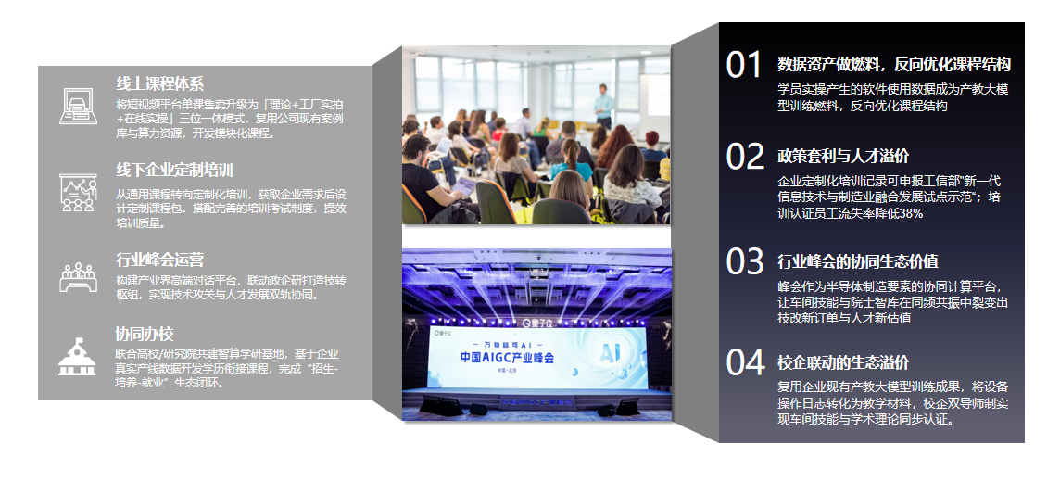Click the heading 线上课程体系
click(x=159, y=83)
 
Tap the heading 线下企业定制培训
click(x=174, y=170)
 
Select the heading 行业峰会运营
click(x=159, y=260)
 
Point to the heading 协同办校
click(x=145, y=334)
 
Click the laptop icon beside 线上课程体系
click(x=79, y=107)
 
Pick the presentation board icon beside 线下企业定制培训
click(x=78, y=193)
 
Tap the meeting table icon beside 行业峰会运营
click(x=79, y=276)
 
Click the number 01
click(x=744, y=65)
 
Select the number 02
click(x=745, y=156)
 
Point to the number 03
click(x=745, y=261)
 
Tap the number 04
click(x=745, y=362)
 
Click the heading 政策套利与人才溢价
click(x=843, y=156)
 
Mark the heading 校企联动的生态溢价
click(x=843, y=362)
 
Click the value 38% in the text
click(x=911, y=213)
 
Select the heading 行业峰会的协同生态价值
click(x=858, y=261)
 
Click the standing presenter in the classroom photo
click(x=604, y=106)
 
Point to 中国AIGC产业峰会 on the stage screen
click(x=507, y=358)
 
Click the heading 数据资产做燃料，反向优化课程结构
click(x=894, y=64)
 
